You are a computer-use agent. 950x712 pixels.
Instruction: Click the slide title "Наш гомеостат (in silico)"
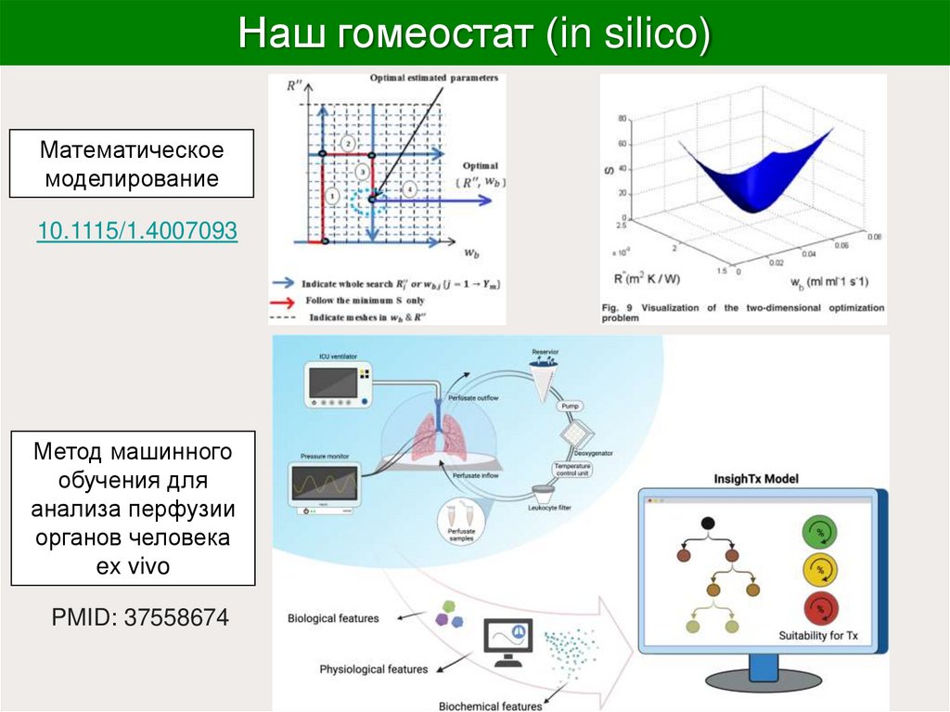click(474, 33)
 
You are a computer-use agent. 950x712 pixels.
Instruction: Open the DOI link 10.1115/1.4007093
click(137, 230)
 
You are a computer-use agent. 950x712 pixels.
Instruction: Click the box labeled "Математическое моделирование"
click(131, 164)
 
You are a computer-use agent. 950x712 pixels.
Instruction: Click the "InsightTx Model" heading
click(756, 479)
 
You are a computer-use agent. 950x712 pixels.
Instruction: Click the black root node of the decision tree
click(708, 524)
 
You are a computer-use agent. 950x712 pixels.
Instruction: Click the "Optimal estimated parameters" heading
click(433, 78)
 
